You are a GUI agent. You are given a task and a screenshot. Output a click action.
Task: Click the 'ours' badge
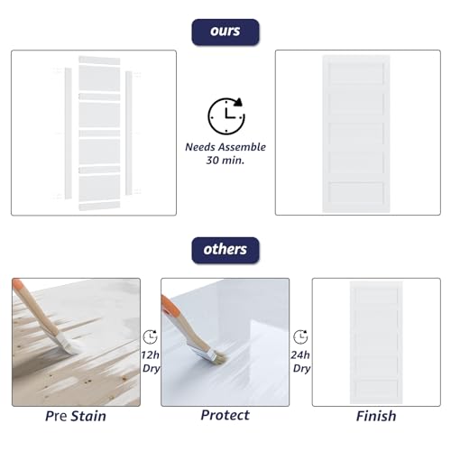[x=225, y=32]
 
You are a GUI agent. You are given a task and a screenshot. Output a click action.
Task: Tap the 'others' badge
[x=225, y=250]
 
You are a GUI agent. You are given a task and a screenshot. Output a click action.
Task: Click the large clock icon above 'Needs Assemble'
[x=226, y=115]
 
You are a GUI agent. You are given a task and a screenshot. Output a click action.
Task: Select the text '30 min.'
[x=225, y=161]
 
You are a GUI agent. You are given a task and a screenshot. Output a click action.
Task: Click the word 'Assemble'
[x=243, y=147]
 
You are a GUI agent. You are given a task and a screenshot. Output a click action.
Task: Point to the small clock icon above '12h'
[x=150, y=336]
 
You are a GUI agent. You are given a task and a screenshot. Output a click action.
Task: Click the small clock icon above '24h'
[x=300, y=336]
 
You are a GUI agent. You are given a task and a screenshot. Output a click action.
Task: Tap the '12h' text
[x=150, y=355]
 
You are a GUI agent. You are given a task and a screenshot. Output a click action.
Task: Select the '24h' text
[x=300, y=355]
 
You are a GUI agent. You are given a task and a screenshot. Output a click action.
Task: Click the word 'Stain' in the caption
[x=88, y=416]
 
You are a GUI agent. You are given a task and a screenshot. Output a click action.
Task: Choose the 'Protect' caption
[x=225, y=415]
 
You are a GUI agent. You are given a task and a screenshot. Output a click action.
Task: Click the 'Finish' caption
[x=376, y=416]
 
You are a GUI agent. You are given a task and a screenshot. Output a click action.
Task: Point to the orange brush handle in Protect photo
[x=170, y=307]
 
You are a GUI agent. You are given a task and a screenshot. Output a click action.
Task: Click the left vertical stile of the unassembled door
[x=69, y=133]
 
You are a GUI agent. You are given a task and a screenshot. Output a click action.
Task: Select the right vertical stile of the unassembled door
[x=128, y=133]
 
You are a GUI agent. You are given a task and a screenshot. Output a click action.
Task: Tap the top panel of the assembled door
[x=356, y=73]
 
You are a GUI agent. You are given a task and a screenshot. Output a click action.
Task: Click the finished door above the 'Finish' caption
[x=376, y=343]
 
